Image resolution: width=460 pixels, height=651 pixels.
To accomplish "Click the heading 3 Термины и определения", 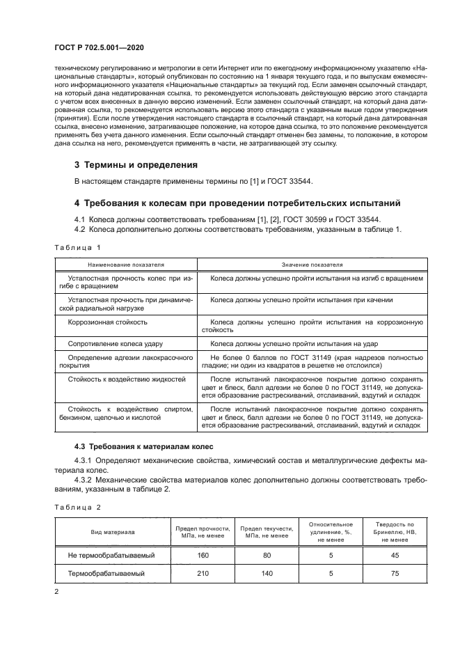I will point(136,165).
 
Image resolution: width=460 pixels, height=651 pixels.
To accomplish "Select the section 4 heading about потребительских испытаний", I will point(237,203).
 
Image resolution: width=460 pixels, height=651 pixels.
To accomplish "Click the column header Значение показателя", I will point(311,265).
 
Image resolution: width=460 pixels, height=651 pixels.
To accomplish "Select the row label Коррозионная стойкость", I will point(107,322).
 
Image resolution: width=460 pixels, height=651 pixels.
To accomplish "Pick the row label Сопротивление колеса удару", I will point(116,344).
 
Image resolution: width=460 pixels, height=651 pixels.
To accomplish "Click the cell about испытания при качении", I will point(301,300).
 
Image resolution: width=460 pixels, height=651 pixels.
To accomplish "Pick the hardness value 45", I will point(395,555).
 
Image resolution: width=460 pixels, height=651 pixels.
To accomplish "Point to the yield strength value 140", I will point(267,574).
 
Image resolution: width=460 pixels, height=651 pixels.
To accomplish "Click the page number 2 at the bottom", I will point(56,592).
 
